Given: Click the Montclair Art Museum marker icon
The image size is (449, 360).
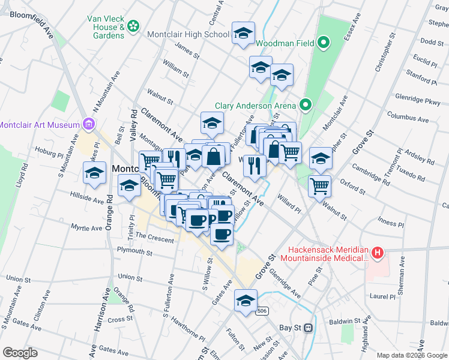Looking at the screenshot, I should click(89, 124).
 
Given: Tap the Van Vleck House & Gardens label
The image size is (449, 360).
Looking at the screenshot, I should click(106, 27).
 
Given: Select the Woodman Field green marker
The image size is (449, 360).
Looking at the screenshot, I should click(324, 43).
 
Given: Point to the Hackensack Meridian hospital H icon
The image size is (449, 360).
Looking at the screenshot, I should click(377, 253).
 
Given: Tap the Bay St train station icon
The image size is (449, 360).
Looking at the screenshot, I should click(309, 328).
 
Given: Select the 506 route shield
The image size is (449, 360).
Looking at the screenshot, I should click(261, 311).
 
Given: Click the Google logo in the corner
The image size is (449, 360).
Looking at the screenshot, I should click(20, 353).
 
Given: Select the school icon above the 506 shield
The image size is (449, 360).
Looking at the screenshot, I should click(246, 301).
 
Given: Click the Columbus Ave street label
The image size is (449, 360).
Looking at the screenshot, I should click(408, 116).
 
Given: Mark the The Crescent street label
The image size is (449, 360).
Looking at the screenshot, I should click(154, 238).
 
